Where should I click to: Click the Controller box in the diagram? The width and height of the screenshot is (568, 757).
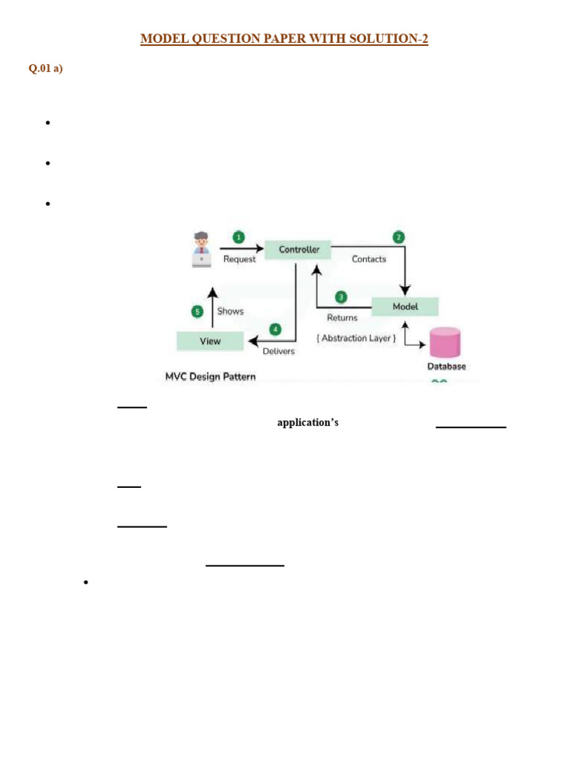tap(299, 250)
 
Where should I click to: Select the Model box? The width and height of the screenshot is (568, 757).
tap(405, 307)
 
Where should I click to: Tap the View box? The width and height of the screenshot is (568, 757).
tap(210, 341)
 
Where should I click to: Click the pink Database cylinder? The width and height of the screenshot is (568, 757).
tap(445, 342)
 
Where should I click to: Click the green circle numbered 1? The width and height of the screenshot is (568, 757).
tap(239, 237)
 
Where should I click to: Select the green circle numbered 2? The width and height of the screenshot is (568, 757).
tap(399, 237)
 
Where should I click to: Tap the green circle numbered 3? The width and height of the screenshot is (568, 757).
tap(341, 297)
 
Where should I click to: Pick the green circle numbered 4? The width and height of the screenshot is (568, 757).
tap(276, 329)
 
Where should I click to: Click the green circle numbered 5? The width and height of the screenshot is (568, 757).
tap(197, 311)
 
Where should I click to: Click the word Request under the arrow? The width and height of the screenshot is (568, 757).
tap(240, 259)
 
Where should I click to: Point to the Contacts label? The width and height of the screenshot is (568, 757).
tap(369, 259)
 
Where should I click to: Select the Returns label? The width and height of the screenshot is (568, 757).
tap(342, 318)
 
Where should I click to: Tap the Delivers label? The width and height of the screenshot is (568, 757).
tap(279, 351)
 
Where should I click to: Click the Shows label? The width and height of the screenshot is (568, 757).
tap(230, 311)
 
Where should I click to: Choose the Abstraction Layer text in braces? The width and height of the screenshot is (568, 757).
tap(356, 339)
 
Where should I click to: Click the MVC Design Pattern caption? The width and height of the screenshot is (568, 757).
tap(210, 377)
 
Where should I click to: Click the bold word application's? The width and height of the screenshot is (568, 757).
tap(308, 423)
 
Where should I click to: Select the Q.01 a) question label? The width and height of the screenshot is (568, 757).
tap(46, 69)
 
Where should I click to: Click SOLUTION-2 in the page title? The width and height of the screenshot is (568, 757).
tap(389, 39)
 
